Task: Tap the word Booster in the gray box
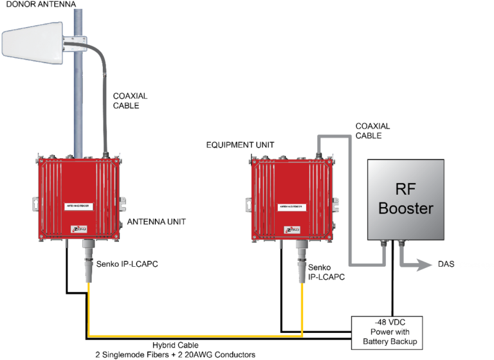click(x=406, y=208)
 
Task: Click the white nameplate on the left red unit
click(x=80, y=206)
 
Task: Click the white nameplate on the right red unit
click(x=293, y=206)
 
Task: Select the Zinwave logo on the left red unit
click(x=77, y=229)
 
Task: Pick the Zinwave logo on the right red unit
click(x=292, y=228)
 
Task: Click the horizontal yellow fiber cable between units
click(x=193, y=336)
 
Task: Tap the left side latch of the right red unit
click(x=247, y=204)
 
